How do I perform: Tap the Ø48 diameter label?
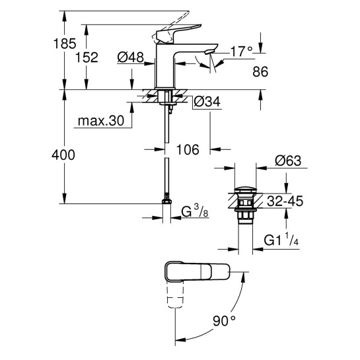[x=131, y=57]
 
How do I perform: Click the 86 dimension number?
[x=244, y=73]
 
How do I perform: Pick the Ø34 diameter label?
[x=209, y=102]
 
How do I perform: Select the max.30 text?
[x=99, y=122]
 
